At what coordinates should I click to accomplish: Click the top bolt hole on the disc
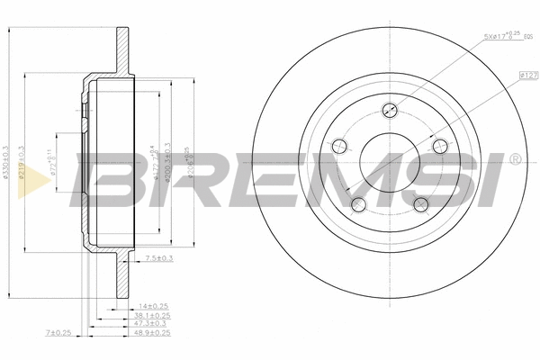tap(390, 111)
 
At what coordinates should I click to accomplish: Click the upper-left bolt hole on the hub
tap(339, 146)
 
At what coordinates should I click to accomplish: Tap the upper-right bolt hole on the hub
tap(439, 146)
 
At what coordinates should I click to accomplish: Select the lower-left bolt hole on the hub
tap(358, 202)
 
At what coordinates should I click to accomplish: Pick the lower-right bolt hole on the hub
tap(420, 203)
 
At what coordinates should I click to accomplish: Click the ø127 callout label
tap(527, 77)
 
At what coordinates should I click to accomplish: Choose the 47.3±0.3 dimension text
tap(152, 325)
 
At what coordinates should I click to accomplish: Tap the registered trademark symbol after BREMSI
tap(514, 159)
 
